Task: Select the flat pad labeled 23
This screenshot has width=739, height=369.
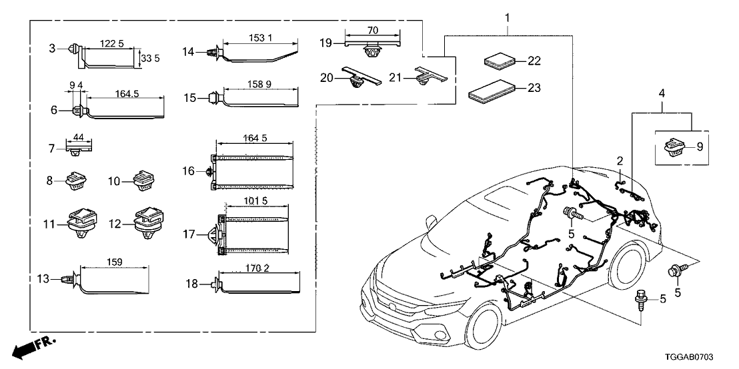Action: click(x=493, y=89)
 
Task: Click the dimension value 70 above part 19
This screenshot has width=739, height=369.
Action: click(x=372, y=31)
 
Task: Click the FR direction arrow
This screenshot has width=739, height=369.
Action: click(x=34, y=347)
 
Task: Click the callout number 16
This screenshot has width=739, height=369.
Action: click(x=189, y=172)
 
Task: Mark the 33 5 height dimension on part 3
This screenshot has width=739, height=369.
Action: click(x=145, y=58)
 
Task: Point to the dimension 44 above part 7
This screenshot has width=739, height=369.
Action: click(x=78, y=137)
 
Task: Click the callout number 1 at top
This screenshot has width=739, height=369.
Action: click(x=508, y=15)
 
